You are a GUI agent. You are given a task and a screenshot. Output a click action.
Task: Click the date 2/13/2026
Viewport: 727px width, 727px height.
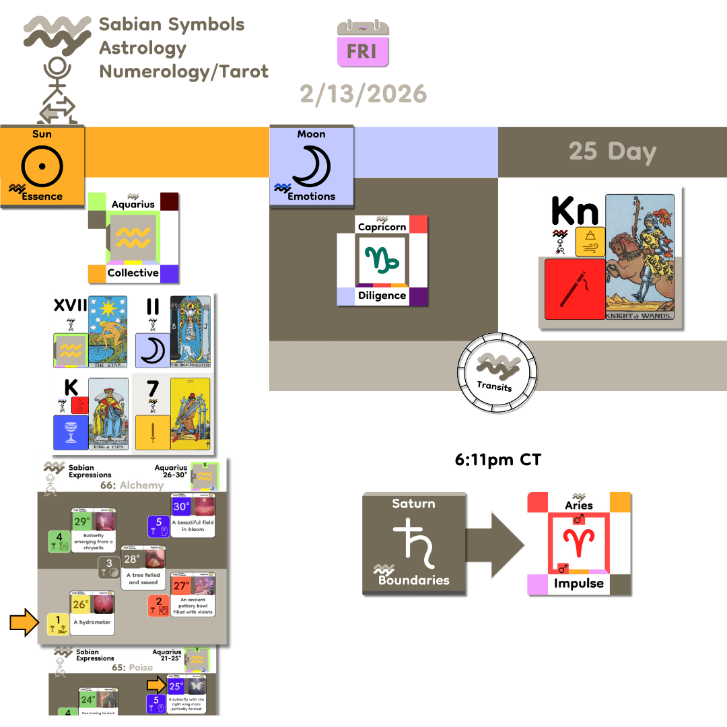[x=363, y=93]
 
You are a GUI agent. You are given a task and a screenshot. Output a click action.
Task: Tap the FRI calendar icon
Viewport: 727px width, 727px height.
[x=363, y=44]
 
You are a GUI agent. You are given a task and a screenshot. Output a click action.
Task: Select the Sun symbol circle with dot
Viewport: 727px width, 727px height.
[x=42, y=164]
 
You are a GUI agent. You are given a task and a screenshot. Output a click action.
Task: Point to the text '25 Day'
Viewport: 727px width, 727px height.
[x=612, y=151]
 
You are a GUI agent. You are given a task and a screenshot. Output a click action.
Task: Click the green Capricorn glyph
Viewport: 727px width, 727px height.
[x=382, y=259]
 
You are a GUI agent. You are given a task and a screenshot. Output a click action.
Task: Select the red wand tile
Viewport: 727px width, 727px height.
[x=574, y=289]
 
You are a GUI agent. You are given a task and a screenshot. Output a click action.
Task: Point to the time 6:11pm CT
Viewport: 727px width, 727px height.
[x=497, y=460]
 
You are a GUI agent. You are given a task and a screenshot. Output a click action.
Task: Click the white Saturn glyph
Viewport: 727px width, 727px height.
[x=413, y=543]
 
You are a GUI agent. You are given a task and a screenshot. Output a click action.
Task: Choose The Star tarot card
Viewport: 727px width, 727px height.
[x=108, y=332]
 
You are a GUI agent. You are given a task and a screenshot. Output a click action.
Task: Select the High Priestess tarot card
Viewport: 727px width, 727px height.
[x=191, y=332]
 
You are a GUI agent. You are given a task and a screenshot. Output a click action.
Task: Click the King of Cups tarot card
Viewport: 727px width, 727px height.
[x=108, y=413]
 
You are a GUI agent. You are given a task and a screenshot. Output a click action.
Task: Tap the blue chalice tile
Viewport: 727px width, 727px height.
[x=71, y=432]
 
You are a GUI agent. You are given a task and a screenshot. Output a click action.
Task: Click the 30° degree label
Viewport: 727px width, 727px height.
[x=181, y=507]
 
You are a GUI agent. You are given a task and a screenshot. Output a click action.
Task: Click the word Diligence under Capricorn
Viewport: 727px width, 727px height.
[x=382, y=295]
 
